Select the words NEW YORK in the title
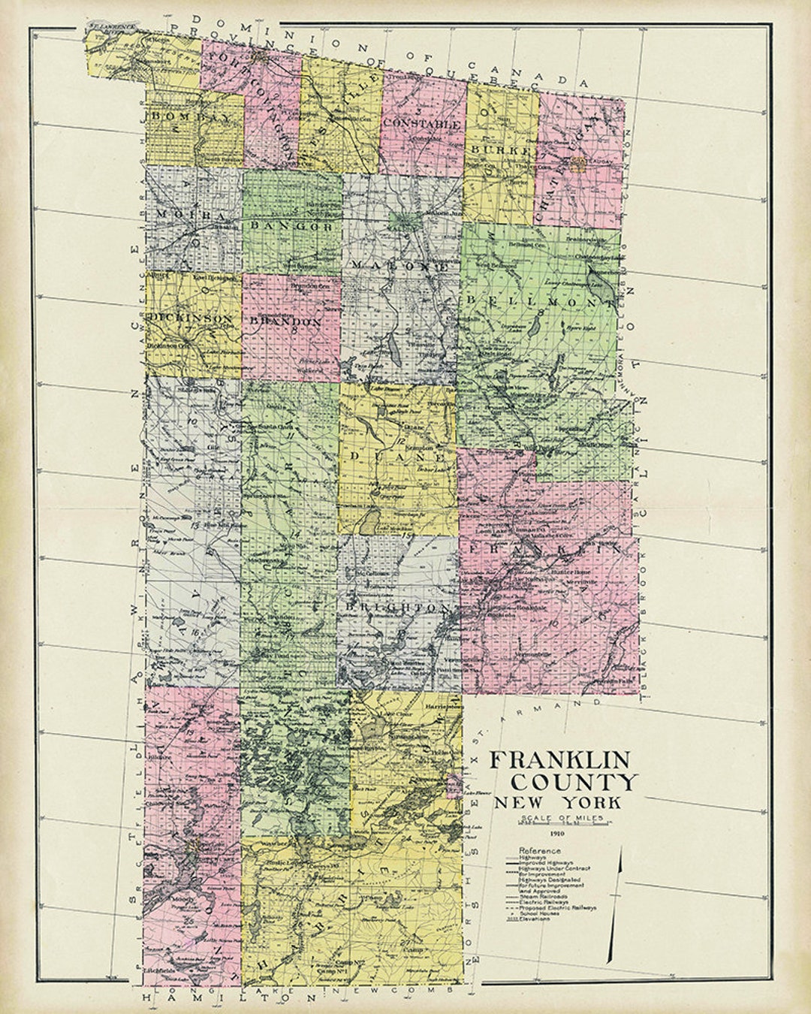point(557,802)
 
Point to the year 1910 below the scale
point(556,834)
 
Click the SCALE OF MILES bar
point(556,824)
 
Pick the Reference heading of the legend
point(539,850)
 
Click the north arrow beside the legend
point(615,901)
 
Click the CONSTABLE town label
point(421,123)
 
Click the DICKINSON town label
point(191,318)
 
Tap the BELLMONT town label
point(539,301)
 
